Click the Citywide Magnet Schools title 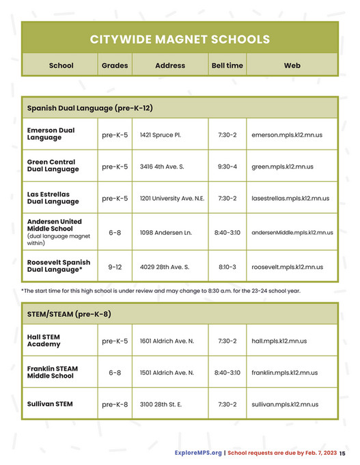pos(180,40)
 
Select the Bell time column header pos(226,66)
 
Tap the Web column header pos(292,66)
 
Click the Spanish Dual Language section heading pos(89,108)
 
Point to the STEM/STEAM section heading pos(69,314)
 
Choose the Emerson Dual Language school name pos(51,134)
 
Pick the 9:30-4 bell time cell pos(227,167)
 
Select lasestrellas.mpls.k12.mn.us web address pos(290,199)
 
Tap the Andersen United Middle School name pos(54,226)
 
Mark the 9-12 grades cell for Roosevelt pos(115,267)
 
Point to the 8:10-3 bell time pos(227,267)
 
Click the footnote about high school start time pos(161,291)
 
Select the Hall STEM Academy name pos(44,341)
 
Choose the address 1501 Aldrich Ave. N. pos(167,373)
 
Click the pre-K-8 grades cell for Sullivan pos(115,404)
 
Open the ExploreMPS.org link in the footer pos(197,453)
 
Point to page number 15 pos(342,453)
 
